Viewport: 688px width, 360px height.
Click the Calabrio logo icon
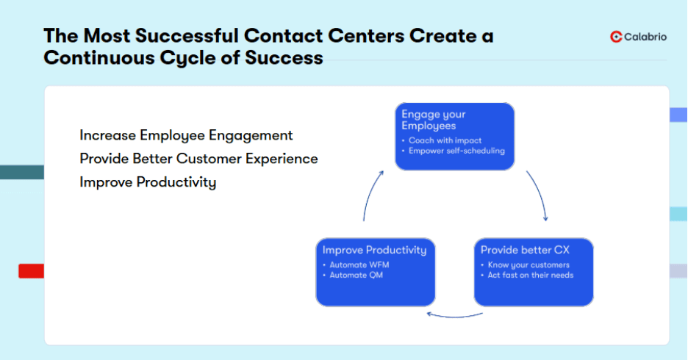(x=616, y=37)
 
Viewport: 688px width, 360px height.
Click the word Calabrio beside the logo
(x=645, y=37)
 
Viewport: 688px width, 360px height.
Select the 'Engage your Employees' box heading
(x=434, y=120)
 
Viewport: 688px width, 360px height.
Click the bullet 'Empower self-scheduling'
(x=456, y=151)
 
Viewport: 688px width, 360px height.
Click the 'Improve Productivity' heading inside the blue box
(x=374, y=250)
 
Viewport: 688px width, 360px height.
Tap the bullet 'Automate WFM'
(x=356, y=264)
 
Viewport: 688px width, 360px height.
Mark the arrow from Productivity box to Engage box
(x=370, y=195)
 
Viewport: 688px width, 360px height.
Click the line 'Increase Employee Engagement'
(x=186, y=135)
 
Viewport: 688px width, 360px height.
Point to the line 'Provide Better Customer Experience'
(x=198, y=159)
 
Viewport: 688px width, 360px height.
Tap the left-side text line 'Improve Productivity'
(x=148, y=182)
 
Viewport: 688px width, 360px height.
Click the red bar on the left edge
(x=31, y=271)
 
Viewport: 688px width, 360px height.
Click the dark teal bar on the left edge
(x=21, y=172)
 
